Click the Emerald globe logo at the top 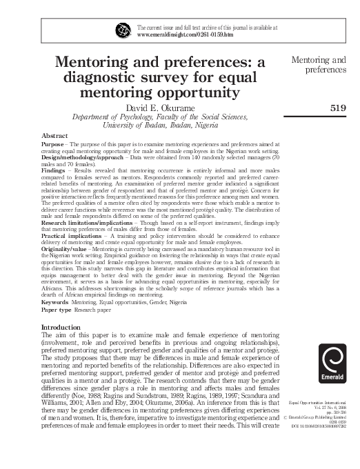click(123, 30)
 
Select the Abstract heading click(55, 136)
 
